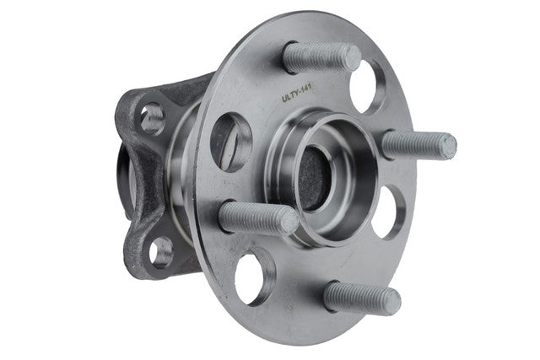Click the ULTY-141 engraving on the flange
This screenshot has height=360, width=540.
(x=296, y=93)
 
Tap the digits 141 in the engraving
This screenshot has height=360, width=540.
(x=305, y=89)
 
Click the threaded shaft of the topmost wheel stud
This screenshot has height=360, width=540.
(x=319, y=57)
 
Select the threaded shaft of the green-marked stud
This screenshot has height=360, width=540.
(x=415, y=144)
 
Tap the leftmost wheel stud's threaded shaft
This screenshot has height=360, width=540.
(x=254, y=218)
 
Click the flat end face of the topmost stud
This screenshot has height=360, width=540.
(x=353, y=58)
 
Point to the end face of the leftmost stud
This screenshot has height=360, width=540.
(x=290, y=221)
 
